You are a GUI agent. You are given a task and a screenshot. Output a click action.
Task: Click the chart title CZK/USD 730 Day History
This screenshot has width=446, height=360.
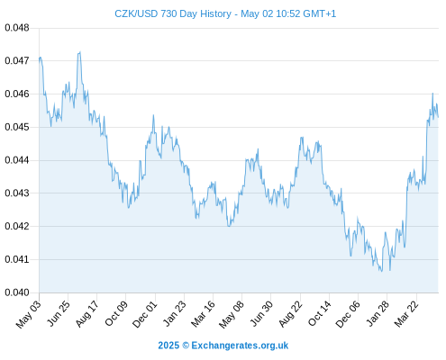[x=173, y=13]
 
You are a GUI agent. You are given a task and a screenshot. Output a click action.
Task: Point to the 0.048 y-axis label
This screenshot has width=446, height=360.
[x=17, y=28]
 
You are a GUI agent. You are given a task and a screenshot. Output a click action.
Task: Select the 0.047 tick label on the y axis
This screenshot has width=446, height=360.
[x=17, y=61]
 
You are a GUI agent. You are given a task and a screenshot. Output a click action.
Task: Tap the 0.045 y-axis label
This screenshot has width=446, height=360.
[x=17, y=127]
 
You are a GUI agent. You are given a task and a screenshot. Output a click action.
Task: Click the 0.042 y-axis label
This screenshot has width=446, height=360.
[x=17, y=226]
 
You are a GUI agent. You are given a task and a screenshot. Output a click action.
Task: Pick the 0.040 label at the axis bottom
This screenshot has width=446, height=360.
[x=17, y=292]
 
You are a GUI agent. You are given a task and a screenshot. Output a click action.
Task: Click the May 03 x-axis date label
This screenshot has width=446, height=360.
[x=29, y=314]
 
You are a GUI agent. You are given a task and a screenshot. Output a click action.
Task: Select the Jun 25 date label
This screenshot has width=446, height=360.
[x=59, y=313]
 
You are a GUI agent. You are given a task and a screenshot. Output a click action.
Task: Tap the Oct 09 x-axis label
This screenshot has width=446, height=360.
[x=116, y=313]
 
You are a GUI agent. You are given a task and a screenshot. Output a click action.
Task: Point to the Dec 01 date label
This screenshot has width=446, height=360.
[x=145, y=314]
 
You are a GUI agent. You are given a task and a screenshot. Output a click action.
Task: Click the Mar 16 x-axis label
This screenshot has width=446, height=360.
[x=204, y=314]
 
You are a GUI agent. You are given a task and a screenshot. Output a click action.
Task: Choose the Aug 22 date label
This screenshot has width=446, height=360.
[x=290, y=314]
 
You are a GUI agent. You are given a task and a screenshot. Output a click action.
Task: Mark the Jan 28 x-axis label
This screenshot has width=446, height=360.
[x=378, y=313]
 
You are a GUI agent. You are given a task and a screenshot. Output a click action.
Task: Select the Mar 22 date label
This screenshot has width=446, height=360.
[x=406, y=314]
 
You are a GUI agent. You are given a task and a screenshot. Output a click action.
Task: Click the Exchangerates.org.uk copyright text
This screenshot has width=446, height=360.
[x=223, y=346]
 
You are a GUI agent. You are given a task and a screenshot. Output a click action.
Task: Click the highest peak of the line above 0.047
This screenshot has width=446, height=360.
[x=80, y=52]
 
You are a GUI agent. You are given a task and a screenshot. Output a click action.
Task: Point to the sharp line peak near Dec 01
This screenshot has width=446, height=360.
[x=153, y=115]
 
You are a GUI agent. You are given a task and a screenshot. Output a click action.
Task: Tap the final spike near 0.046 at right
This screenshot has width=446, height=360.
[x=432, y=94]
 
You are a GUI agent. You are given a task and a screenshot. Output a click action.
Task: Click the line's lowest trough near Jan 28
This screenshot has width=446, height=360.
[x=381, y=271]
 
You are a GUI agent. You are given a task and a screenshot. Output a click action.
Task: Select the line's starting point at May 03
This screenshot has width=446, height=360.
[x=40, y=60]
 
